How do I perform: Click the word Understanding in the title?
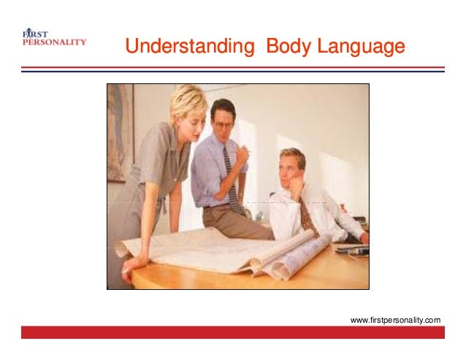[185, 47]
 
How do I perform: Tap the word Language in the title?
[361, 47]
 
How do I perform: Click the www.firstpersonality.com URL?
[395, 320]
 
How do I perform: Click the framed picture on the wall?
[119, 132]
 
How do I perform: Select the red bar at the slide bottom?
[232, 333]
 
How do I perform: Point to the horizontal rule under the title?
[232, 69]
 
